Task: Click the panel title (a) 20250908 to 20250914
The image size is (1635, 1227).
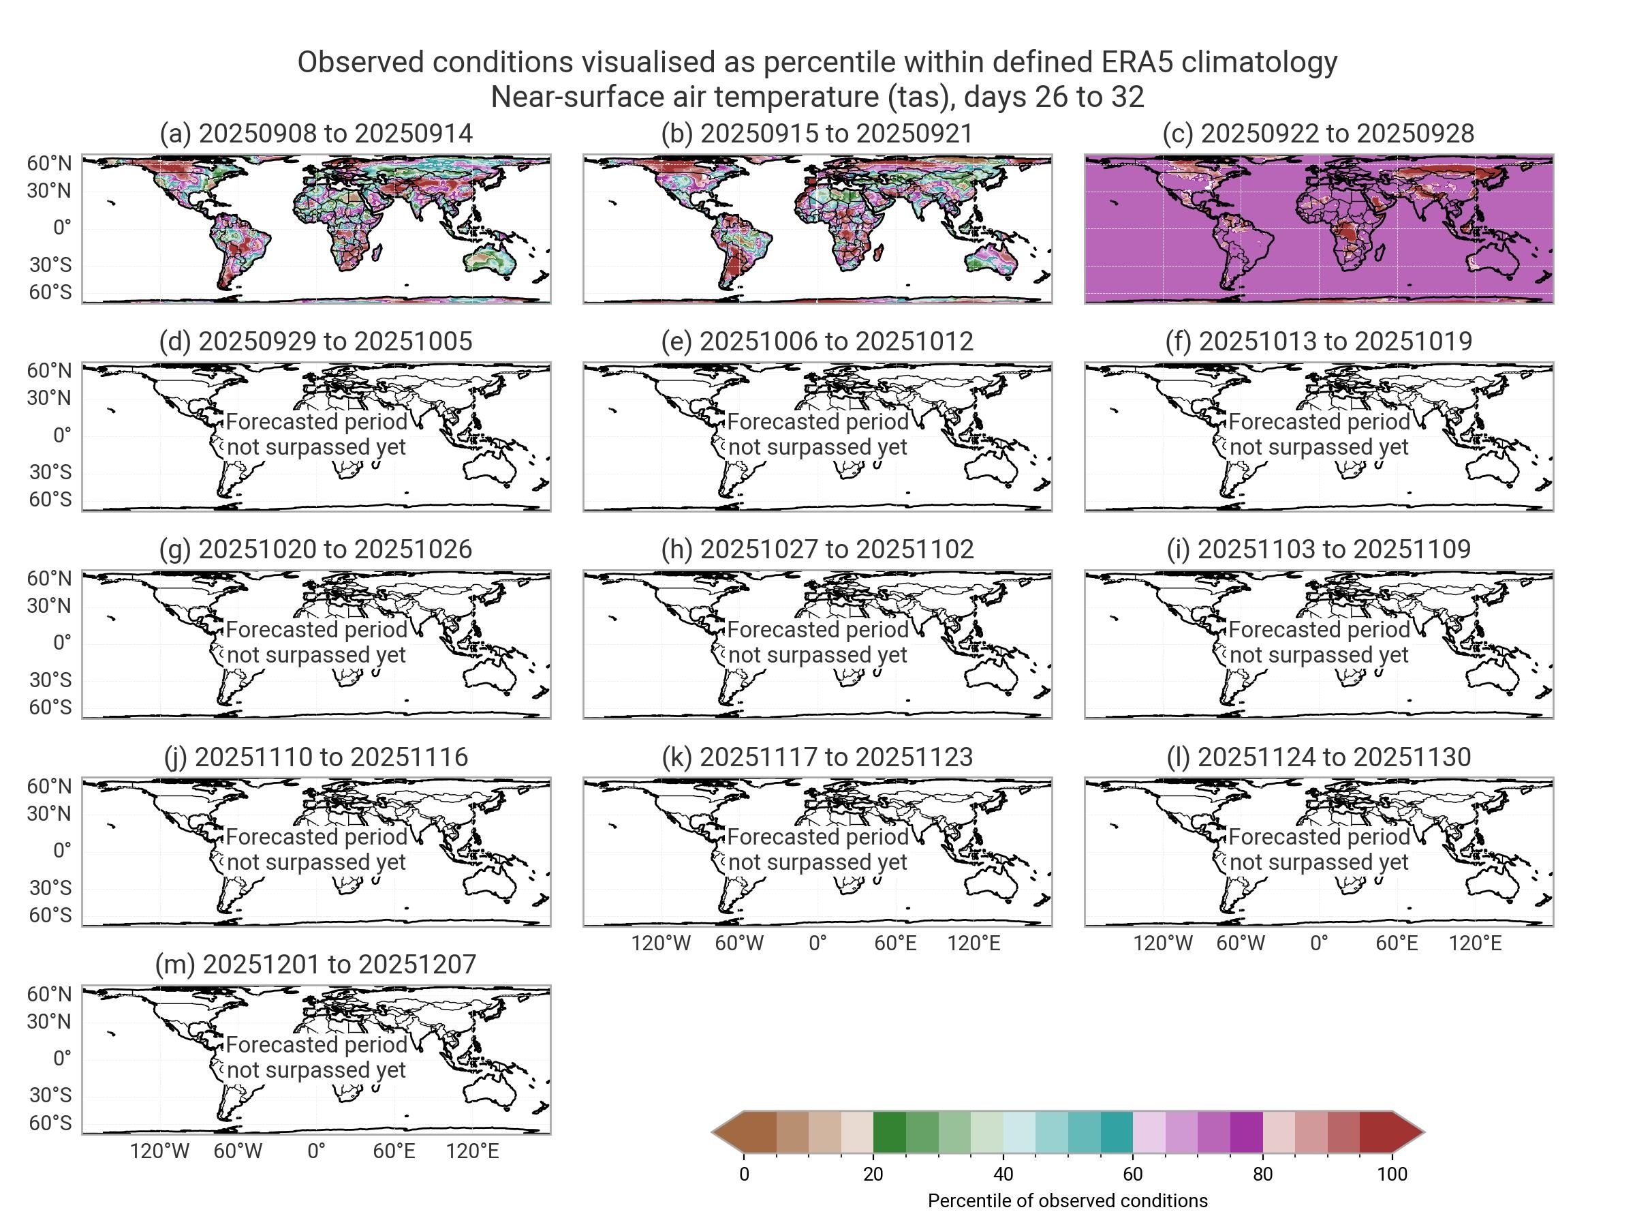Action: tap(315, 133)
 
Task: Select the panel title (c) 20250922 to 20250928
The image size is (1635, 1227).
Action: tap(1318, 133)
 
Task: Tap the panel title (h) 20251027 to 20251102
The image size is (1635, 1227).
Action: tap(817, 549)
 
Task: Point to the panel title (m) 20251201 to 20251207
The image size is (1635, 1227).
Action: tap(315, 964)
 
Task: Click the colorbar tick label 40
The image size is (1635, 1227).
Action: tap(1003, 1174)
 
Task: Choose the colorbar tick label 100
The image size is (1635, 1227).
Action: tap(1392, 1174)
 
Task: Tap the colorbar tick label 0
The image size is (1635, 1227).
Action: tap(744, 1174)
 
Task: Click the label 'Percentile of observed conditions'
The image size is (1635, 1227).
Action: tap(1068, 1200)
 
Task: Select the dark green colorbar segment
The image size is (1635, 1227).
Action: tap(889, 1132)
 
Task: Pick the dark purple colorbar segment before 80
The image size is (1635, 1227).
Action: tap(1246, 1132)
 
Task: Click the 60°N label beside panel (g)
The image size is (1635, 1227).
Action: tap(50, 578)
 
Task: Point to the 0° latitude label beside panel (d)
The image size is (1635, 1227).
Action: tap(62, 435)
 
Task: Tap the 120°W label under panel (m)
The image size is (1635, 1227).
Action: tap(159, 1151)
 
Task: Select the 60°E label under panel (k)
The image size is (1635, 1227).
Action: tap(895, 943)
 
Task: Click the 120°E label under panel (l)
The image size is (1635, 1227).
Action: tap(1475, 943)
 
